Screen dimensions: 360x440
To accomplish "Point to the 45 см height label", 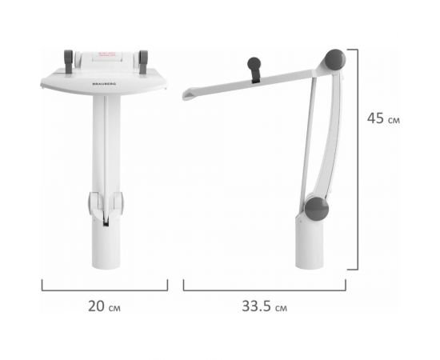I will (382, 118).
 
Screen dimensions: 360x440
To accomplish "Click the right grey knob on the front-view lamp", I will (144, 58).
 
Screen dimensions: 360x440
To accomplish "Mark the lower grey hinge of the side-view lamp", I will (317, 207).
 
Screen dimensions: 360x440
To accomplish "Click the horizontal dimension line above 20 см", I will (105, 289).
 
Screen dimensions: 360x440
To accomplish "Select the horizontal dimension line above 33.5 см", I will (265, 289).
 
